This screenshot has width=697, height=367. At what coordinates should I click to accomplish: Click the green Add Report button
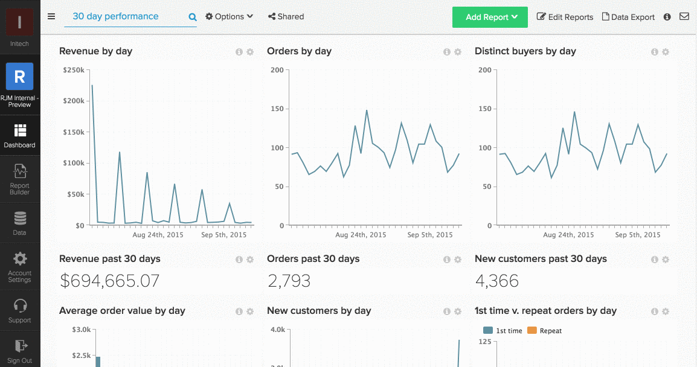click(x=490, y=18)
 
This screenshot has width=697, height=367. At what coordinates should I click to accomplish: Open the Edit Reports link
click(x=565, y=18)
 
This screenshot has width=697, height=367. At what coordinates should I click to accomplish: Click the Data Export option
click(x=628, y=18)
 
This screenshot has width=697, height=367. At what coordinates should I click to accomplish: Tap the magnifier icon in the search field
click(x=193, y=18)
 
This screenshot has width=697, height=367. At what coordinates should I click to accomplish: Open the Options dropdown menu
click(x=229, y=17)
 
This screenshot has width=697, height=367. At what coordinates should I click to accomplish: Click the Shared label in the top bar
click(x=286, y=17)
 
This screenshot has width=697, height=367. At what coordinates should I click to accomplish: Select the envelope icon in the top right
click(x=684, y=17)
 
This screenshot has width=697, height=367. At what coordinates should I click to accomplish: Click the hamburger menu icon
click(x=51, y=17)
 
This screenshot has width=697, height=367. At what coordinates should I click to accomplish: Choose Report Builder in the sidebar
click(x=20, y=179)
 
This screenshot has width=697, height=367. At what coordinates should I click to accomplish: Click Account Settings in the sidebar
click(x=20, y=267)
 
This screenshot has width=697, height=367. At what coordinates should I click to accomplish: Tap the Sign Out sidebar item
click(x=20, y=350)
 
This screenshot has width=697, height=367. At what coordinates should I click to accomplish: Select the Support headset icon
click(x=20, y=306)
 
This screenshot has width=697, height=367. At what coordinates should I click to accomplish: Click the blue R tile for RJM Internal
click(x=19, y=77)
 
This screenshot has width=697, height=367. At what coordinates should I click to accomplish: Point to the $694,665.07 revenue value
click(x=109, y=281)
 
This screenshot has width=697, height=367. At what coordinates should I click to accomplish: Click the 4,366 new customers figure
click(x=496, y=281)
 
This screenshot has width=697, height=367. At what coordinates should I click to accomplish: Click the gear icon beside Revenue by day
click(x=250, y=53)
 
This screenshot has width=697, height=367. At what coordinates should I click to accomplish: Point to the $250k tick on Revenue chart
click(x=74, y=70)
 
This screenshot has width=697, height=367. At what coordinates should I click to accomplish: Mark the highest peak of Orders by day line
click(x=367, y=110)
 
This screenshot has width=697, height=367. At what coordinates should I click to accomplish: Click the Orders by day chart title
click(x=299, y=51)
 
